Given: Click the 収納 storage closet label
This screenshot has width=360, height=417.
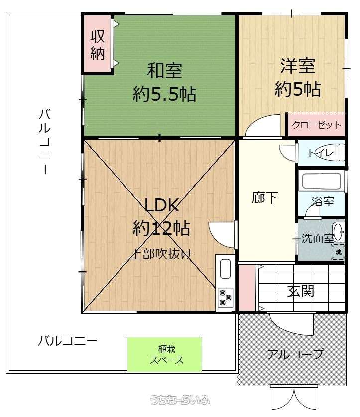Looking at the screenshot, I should point(97,45).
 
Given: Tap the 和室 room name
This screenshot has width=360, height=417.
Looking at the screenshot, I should point(164,70).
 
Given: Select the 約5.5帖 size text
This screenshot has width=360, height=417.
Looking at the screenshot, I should point(164,94).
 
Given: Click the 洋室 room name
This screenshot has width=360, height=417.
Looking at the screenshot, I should point(297,66).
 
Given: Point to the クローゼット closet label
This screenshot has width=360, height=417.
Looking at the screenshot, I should point(317,125).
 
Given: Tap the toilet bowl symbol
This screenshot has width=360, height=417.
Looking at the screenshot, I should point(339,152).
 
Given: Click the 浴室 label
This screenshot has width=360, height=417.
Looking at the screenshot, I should point(323,202).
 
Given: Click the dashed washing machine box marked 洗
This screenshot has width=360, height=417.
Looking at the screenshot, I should point(338,251).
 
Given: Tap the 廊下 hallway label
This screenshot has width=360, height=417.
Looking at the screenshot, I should point(264,198).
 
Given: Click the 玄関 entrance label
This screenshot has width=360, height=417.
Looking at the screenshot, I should point(301,291).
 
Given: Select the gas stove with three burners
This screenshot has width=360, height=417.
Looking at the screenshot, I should point(225,297).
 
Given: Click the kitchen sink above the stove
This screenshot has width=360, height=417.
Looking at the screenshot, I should point(225,269).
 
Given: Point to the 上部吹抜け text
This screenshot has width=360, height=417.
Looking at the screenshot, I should point(162,254).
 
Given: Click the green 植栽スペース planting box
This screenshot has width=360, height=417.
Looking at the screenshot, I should point(164,354).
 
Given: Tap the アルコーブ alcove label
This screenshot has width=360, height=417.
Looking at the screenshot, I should point(295,354).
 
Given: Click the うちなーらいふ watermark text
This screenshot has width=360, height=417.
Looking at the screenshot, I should point(180,400).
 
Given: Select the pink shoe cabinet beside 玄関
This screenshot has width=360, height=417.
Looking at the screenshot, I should point(246,288).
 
